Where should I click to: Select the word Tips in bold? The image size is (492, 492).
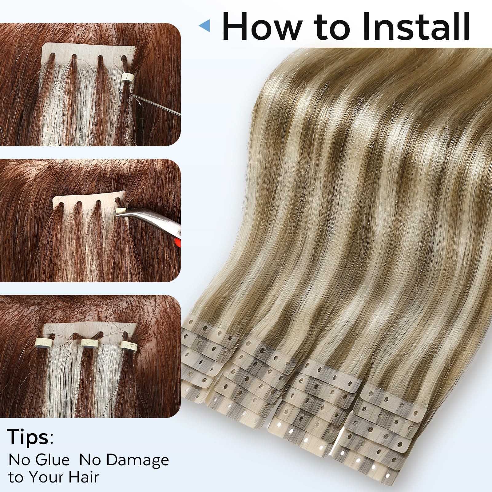click(28, 437)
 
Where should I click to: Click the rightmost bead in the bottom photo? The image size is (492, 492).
click(129, 344)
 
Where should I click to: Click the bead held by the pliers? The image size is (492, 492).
click(118, 211)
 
